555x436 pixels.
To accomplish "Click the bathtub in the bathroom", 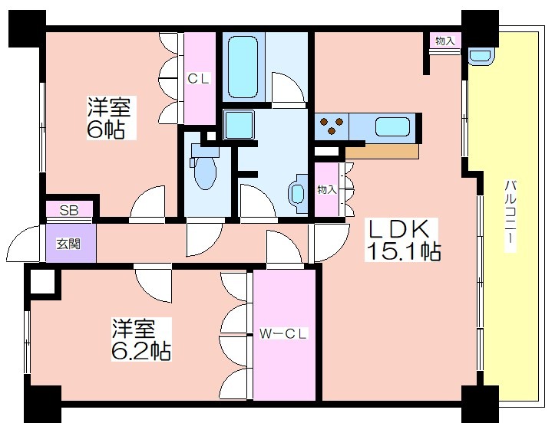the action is tap(243, 67).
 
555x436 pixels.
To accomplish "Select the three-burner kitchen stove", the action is tap(332, 126).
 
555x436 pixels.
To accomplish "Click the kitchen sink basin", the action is tap(392, 126).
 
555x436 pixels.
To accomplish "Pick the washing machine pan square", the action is tap(239, 124).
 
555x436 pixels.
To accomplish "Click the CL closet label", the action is tap(199, 78).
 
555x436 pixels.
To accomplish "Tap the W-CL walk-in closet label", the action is tap(283, 333).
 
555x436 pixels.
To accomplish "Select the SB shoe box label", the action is tap(68, 211).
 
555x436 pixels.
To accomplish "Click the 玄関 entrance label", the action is tap(68, 244).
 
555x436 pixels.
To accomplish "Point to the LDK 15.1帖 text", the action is tap(404, 239).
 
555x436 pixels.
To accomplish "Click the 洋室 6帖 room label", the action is tap(109, 118).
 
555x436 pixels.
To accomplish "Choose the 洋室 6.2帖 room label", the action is tap(141, 339).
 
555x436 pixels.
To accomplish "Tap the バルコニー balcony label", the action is tap(510, 215).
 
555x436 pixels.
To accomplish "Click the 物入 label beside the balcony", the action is tap(445, 41).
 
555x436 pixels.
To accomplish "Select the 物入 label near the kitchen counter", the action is tap(326, 189).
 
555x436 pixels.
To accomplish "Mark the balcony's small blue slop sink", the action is tap(481, 57).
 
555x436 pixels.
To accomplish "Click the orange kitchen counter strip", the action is tap(382, 151).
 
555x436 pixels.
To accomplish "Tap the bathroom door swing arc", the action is tap(288, 88).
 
